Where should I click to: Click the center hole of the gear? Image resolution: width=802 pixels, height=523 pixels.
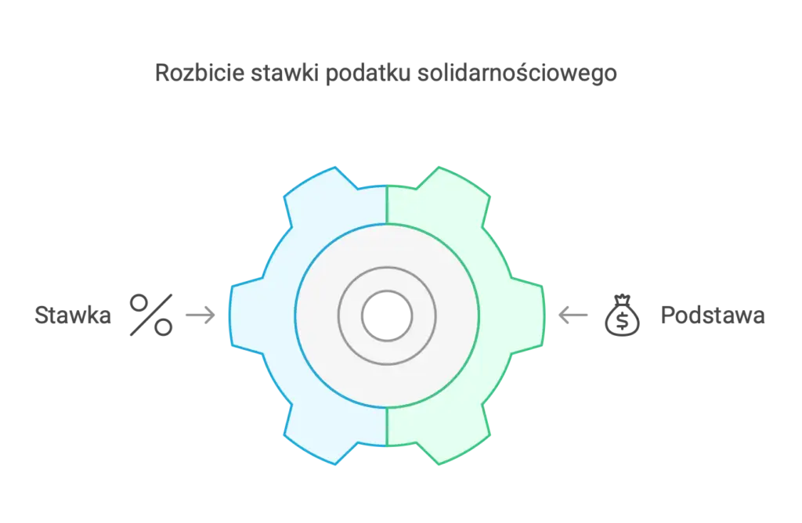pos(387,316)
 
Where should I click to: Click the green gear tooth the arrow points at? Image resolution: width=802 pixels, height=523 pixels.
pos(526,316)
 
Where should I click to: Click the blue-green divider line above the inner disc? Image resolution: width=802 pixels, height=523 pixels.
pos(387,205)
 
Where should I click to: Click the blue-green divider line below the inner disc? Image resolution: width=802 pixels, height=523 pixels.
pos(387,427)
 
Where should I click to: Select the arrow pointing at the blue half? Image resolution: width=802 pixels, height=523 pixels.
pos(200,316)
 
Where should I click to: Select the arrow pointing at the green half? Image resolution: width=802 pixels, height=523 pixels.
pos(574,316)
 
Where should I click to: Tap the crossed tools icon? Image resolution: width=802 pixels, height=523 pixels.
pos(150,314)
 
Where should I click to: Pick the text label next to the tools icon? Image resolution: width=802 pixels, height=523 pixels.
pos(71,316)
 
